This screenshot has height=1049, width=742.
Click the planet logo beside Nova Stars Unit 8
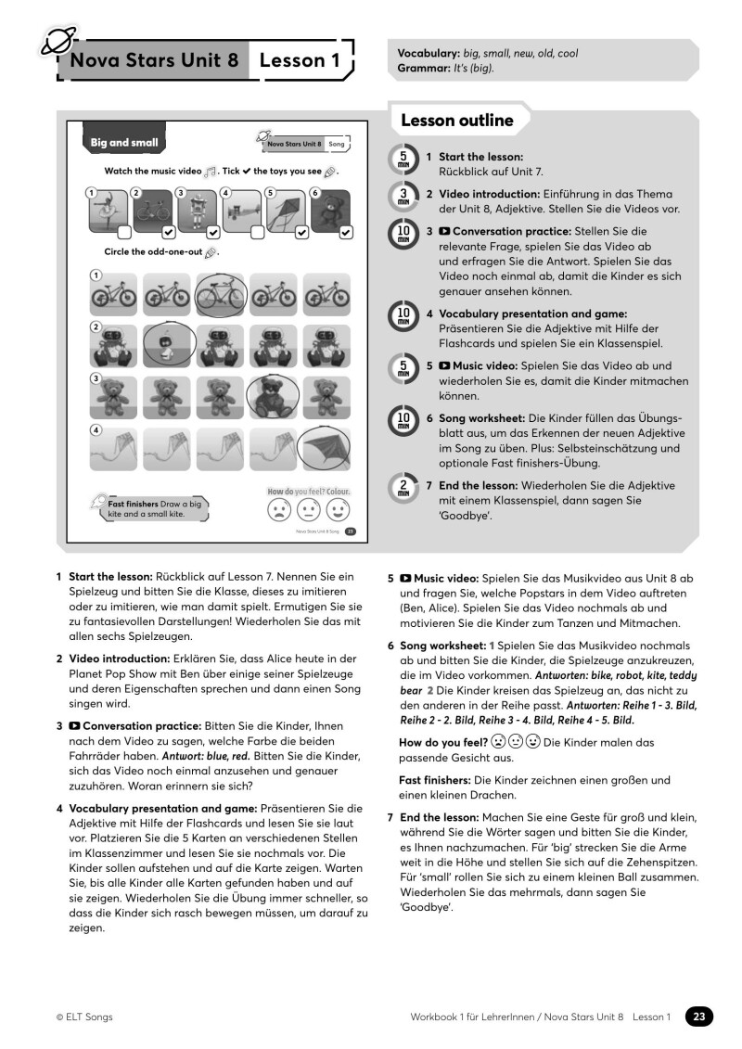pyautogui.click(x=57, y=41)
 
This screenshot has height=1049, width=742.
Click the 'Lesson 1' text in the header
pyautogui.click(x=299, y=61)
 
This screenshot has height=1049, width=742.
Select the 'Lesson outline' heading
pyautogui.click(x=456, y=121)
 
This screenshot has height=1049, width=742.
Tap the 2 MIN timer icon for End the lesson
pyautogui.click(x=403, y=489)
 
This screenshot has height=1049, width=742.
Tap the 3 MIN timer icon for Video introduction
pyautogui.click(x=403, y=197)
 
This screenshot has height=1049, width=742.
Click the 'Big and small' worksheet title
pyautogui.click(x=123, y=143)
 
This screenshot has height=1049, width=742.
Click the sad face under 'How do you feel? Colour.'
pyautogui.click(x=277, y=511)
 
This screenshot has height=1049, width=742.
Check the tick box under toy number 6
pyautogui.click(x=346, y=232)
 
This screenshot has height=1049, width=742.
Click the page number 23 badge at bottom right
pyautogui.click(x=699, y=1017)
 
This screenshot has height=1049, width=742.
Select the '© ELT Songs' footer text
pyautogui.click(x=84, y=1017)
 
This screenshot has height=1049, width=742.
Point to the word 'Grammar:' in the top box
pyautogui.click(x=423, y=68)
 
